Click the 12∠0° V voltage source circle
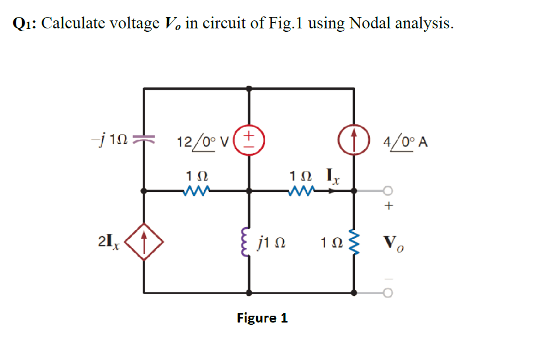click(x=249, y=139)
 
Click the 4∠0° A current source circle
click(x=355, y=139)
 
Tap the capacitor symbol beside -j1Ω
click(x=144, y=139)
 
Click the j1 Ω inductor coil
click(x=248, y=244)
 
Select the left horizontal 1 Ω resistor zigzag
click(x=197, y=191)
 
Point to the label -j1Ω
click(x=106, y=139)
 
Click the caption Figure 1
click(x=262, y=318)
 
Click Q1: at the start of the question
click(x=24, y=24)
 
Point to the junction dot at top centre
click(x=249, y=89)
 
